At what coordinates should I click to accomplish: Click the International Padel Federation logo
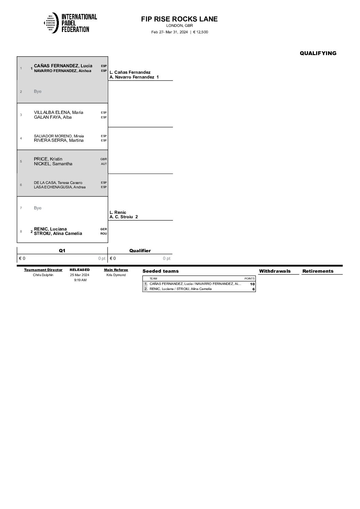(x=70, y=23)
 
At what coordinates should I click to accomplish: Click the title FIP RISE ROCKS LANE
(x=179, y=19)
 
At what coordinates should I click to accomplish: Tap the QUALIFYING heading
(x=318, y=53)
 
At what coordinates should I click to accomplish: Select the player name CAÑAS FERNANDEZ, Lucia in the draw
(x=63, y=66)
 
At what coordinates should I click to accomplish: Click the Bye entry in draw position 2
(x=37, y=91)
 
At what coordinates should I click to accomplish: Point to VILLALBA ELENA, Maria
(x=59, y=113)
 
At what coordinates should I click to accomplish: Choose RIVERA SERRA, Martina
(x=59, y=140)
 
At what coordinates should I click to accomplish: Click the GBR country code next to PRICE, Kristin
(x=103, y=159)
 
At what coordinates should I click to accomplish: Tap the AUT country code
(x=104, y=164)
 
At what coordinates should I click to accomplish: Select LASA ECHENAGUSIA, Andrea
(x=60, y=187)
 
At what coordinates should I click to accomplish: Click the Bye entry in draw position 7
(x=37, y=208)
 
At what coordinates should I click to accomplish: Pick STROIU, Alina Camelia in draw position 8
(x=58, y=234)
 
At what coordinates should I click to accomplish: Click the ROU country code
(x=103, y=234)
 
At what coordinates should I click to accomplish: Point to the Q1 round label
(x=62, y=251)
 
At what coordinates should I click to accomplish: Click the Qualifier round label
(x=140, y=251)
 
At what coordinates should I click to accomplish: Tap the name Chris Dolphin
(x=43, y=275)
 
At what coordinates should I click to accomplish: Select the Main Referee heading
(x=116, y=270)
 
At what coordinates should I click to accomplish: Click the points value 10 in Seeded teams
(x=252, y=284)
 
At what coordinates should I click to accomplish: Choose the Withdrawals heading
(x=275, y=271)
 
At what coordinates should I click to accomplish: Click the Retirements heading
(x=318, y=271)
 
